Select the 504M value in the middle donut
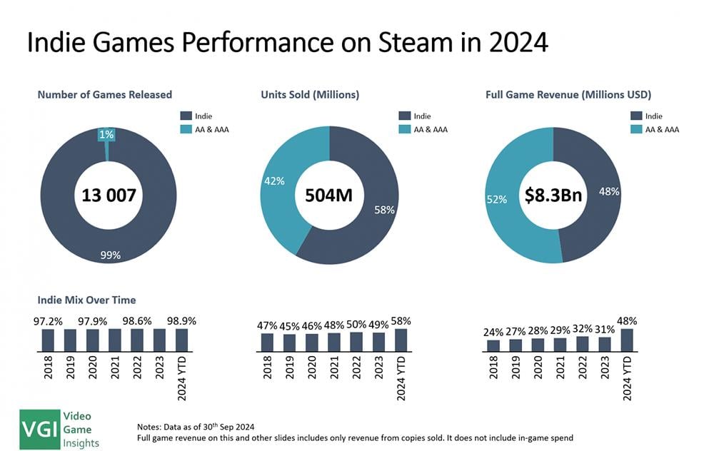tap(330, 194)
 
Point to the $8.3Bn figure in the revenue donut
tap(553, 194)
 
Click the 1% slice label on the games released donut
tap(106, 134)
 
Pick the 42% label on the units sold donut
tap(274, 181)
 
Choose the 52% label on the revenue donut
tap(497, 199)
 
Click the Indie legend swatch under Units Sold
tap(405, 116)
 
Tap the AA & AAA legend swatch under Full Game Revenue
tap(636, 129)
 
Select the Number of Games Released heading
tap(105, 94)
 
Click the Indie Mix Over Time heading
tap(86, 300)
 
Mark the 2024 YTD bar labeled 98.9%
tap(181, 340)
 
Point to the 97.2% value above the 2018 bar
tap(48, 322)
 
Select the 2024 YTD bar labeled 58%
tap(401, 340)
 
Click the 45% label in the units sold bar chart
tap(290, 328)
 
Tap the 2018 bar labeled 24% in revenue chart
tap(493, 345)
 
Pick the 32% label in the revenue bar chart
tap(583, 330)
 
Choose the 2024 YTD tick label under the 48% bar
tap(628, 378)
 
